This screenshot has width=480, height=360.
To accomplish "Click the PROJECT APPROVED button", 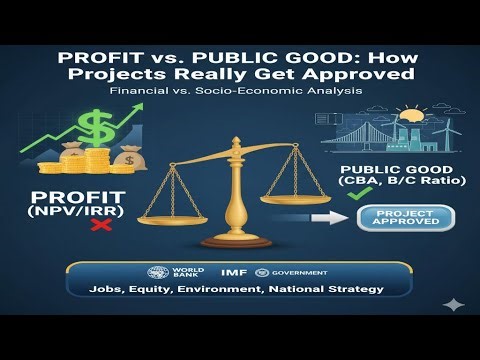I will [398, 218].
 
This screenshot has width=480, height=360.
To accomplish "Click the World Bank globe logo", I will [156, 272].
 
